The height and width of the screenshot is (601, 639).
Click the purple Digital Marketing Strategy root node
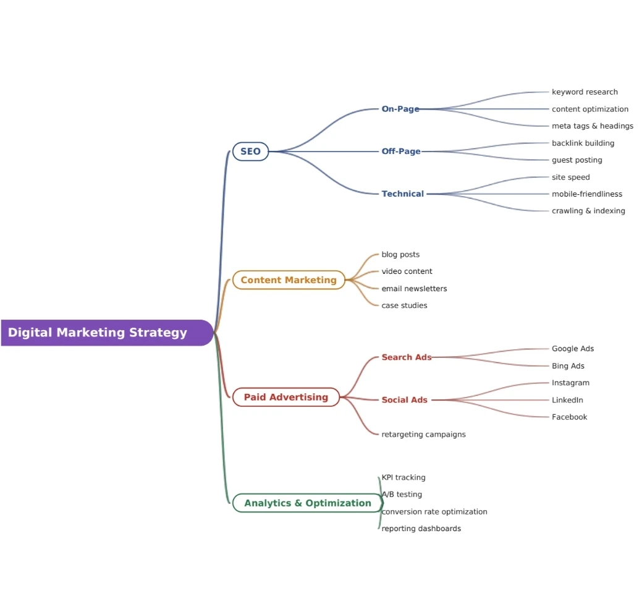(107, 333)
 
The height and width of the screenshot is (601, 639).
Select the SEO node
(250, 151)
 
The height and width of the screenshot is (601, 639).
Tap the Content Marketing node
(289, 280)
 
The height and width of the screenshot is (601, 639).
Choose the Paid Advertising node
(286, 397)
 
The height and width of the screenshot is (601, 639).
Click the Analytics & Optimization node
(308, 503)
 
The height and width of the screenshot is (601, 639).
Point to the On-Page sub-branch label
(400, 109)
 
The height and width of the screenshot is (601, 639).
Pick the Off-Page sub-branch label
(401, 151)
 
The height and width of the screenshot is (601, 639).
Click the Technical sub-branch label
(403, 194)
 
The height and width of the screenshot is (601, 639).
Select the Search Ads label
(406, 357)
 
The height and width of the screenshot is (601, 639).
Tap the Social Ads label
(404, 400)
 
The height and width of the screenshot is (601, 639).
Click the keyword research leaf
(585, 92)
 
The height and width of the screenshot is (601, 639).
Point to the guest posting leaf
(577, 160)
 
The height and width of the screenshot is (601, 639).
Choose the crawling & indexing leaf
(588, 211)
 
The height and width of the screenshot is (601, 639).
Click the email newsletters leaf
(414, 289)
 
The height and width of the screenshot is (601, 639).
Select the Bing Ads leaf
(568, 366)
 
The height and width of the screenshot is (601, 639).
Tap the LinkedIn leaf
(567, 400)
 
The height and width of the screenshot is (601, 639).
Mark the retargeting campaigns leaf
(423, 434)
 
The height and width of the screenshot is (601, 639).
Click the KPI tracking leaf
(403, 477)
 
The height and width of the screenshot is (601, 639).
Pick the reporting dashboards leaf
(421, 529)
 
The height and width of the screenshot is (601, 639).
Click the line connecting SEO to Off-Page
(324, 151)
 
